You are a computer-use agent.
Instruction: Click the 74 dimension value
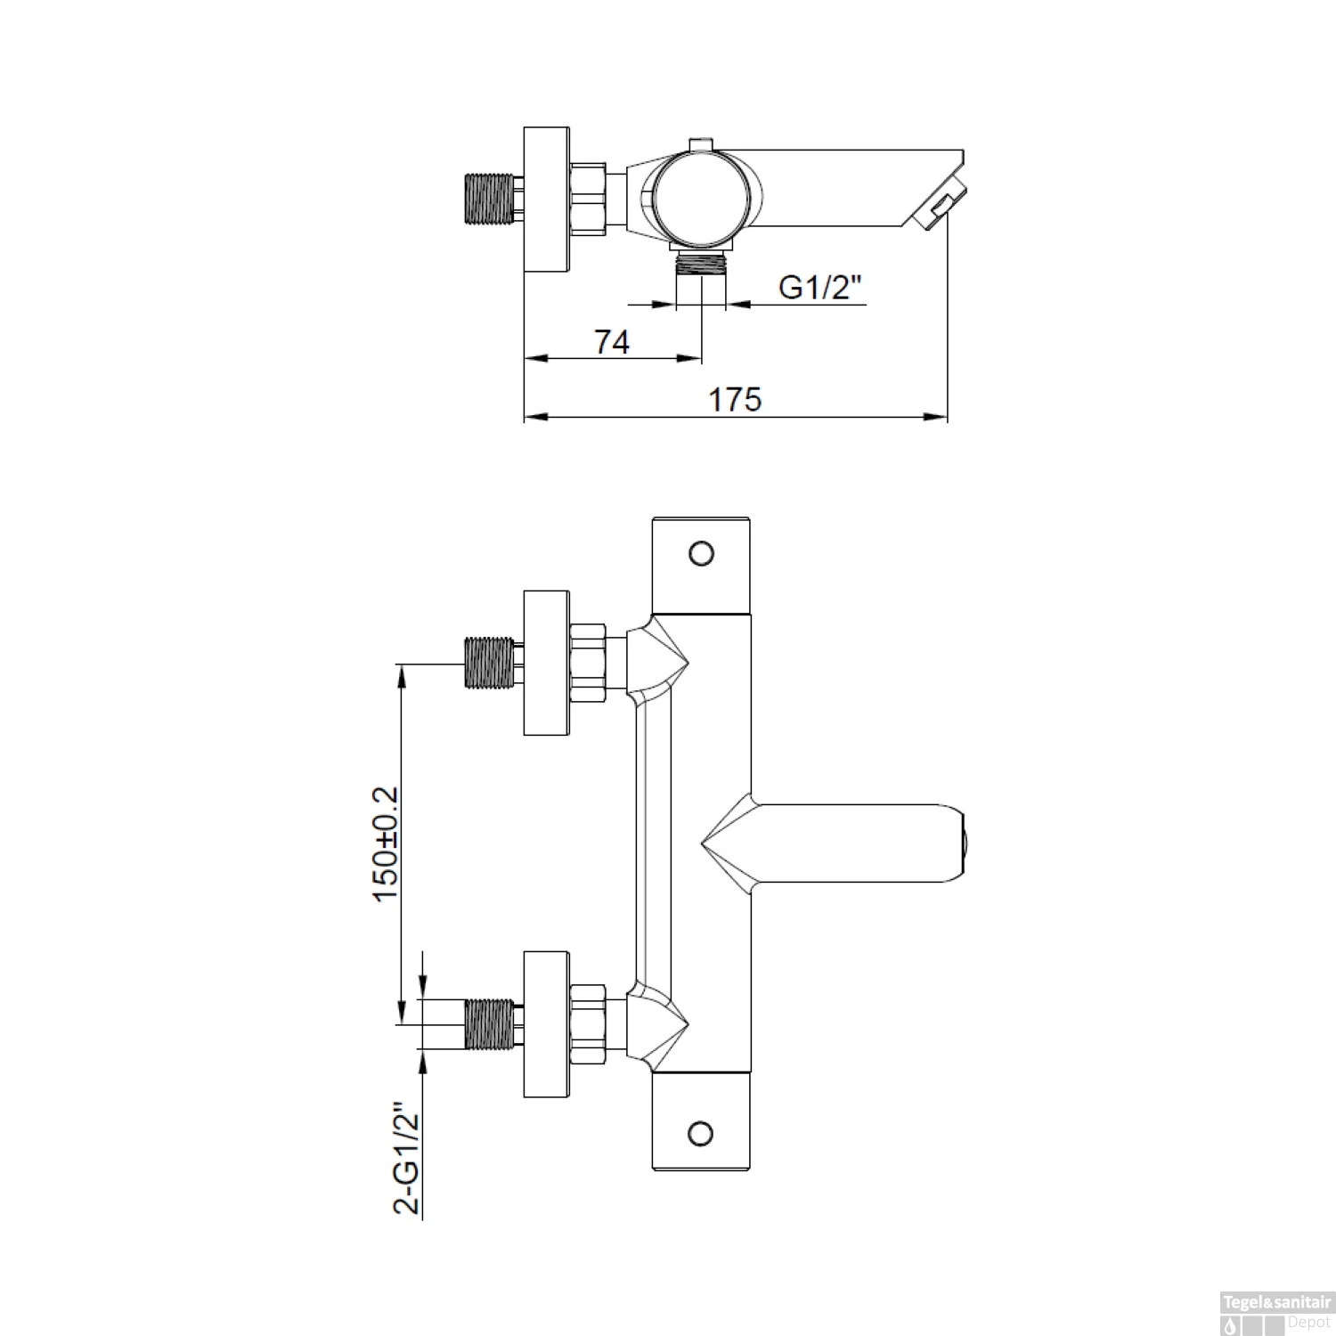(613, 342)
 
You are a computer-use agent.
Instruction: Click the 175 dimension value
(735, 400)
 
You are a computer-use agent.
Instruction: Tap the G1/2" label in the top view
(821, 287)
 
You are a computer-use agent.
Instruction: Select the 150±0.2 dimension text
(387, 843)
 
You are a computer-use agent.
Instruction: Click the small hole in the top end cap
(702, 553)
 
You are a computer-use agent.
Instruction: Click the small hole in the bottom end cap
(702, 1133)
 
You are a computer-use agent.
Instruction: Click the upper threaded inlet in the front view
(489, 663)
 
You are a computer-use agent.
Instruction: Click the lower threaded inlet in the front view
(489, 1022)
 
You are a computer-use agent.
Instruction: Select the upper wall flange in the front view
(546, 663)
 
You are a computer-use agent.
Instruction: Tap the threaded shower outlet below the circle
(701, 265)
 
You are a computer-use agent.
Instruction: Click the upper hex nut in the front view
(588, 663)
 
